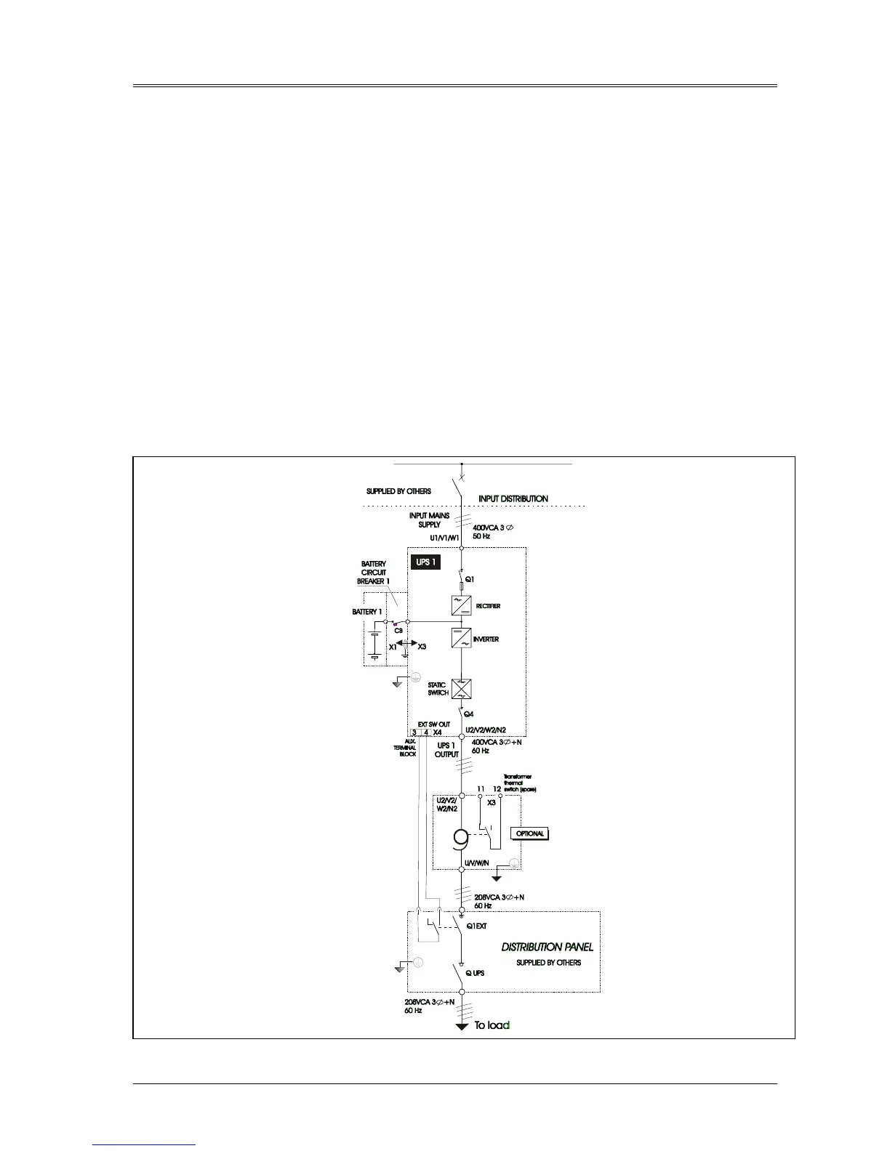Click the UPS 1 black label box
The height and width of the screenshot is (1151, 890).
(x=425, y=562)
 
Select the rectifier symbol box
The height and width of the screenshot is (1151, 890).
(x=461, y=605)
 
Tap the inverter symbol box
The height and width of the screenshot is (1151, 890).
(x=461, y=639)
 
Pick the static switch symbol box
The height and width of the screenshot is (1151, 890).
(x=462, y=689)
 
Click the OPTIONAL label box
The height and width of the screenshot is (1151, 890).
(x=529, y=833)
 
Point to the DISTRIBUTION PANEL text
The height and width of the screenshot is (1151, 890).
(x=548, y=947)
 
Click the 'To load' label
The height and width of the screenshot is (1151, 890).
(x=492, y=1025)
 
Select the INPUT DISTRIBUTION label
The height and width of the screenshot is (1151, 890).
(x=513, y=498)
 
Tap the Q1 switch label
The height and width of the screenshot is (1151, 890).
(x=470, y=579)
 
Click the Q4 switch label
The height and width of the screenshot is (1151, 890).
(x=469, y=714)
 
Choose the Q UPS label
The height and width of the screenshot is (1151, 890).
(x=475, y=973)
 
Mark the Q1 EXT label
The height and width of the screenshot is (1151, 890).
(x=476, y=926)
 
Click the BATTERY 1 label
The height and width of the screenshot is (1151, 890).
(x=366, y=612)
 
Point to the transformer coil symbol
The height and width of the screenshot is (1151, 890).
(x=460, y=839)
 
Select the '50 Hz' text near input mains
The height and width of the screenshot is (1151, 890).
(x=482, y=536)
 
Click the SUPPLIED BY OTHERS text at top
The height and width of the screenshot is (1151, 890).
(x=398, y=491)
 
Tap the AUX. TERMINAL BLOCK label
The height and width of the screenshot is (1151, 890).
(x=406, y=748)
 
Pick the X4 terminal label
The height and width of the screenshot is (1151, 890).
(x=438, y=732)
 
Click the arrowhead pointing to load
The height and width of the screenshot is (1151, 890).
(x=461, y=1027)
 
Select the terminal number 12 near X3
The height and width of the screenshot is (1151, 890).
(x=497, y=788)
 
